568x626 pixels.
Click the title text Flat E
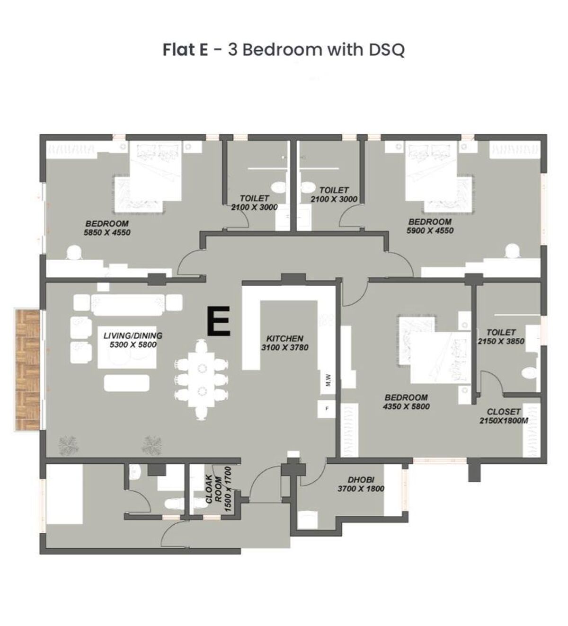pos(185,49)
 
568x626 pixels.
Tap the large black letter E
pos(219,321)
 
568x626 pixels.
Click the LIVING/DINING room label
pos(133,336)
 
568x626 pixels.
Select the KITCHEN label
pos(284,339)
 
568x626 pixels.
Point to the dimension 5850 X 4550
pos(107,232)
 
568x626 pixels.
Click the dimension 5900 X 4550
pos(430,231)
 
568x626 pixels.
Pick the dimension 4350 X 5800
pos(406,406)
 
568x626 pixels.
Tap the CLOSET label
pos(503,412)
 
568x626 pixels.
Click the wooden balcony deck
pos(27,370)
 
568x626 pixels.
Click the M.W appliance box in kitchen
pos(327,380)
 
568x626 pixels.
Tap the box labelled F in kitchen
pos(327,408)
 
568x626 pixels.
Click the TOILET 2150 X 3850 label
pos(501,336)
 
